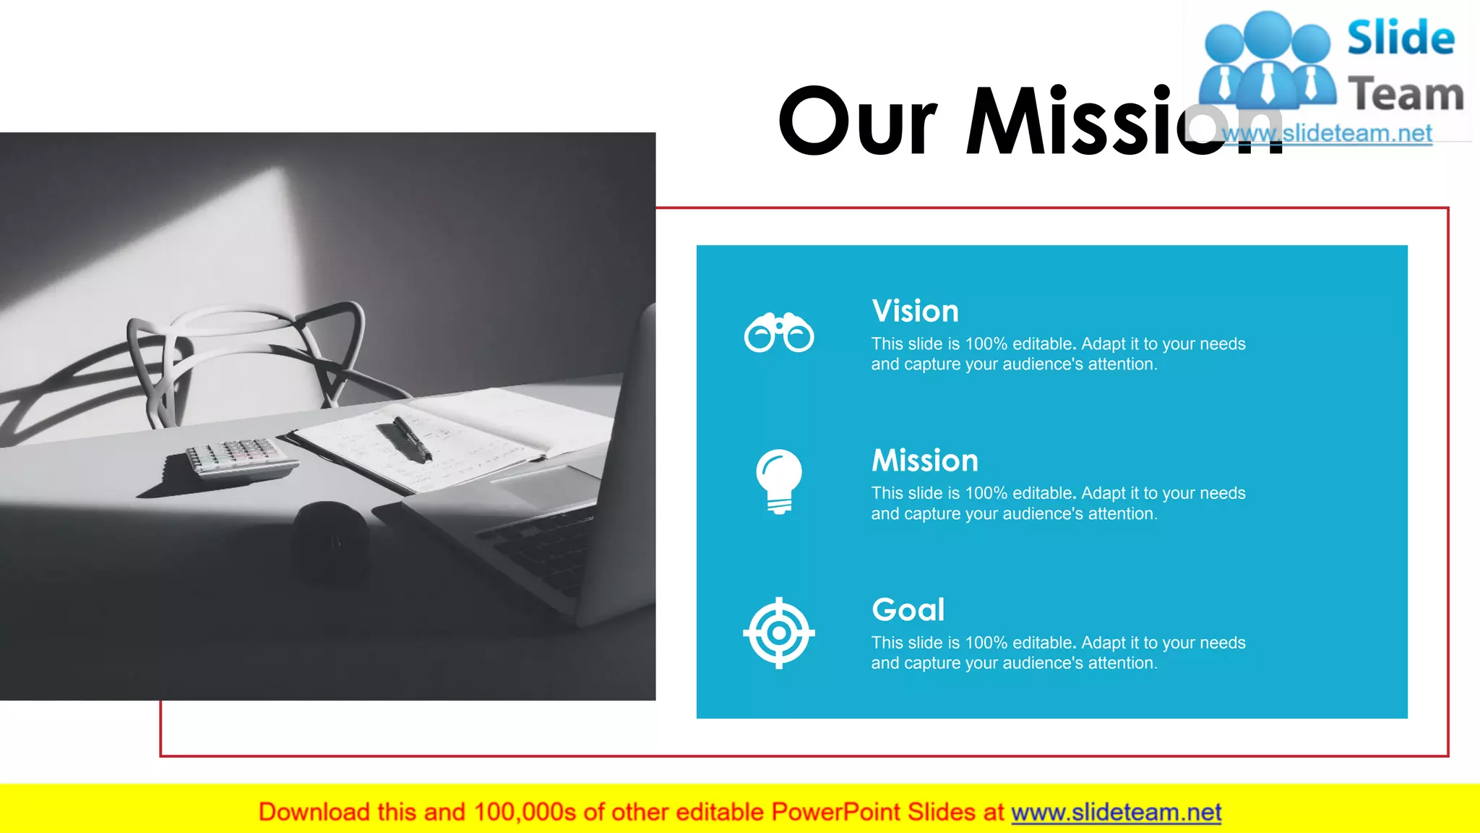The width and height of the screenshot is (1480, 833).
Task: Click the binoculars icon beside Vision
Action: (x=779, y=333)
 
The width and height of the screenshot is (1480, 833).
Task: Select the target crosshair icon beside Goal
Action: (x=779, y=633)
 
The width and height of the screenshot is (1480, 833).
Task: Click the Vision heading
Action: (x=915, y=312)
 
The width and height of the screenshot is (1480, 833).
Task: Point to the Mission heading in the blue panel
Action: (x=924, y=461)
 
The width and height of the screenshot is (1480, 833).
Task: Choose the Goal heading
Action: (x=908, y=610)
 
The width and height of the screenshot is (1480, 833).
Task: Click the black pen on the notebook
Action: (x=413, y=439)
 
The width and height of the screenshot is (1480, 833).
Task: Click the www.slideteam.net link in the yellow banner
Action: (x=1116, y=813)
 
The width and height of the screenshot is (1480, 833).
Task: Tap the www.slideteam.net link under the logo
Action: (x=1327, y=134)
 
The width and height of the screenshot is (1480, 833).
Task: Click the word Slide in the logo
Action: (x=1401, y=38)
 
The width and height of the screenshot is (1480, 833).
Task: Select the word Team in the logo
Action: (x=1406, y=95)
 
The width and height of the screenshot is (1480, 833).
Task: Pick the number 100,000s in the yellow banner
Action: (x=525, y=813)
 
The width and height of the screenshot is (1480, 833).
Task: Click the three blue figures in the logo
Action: (x=1267, y=61)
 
